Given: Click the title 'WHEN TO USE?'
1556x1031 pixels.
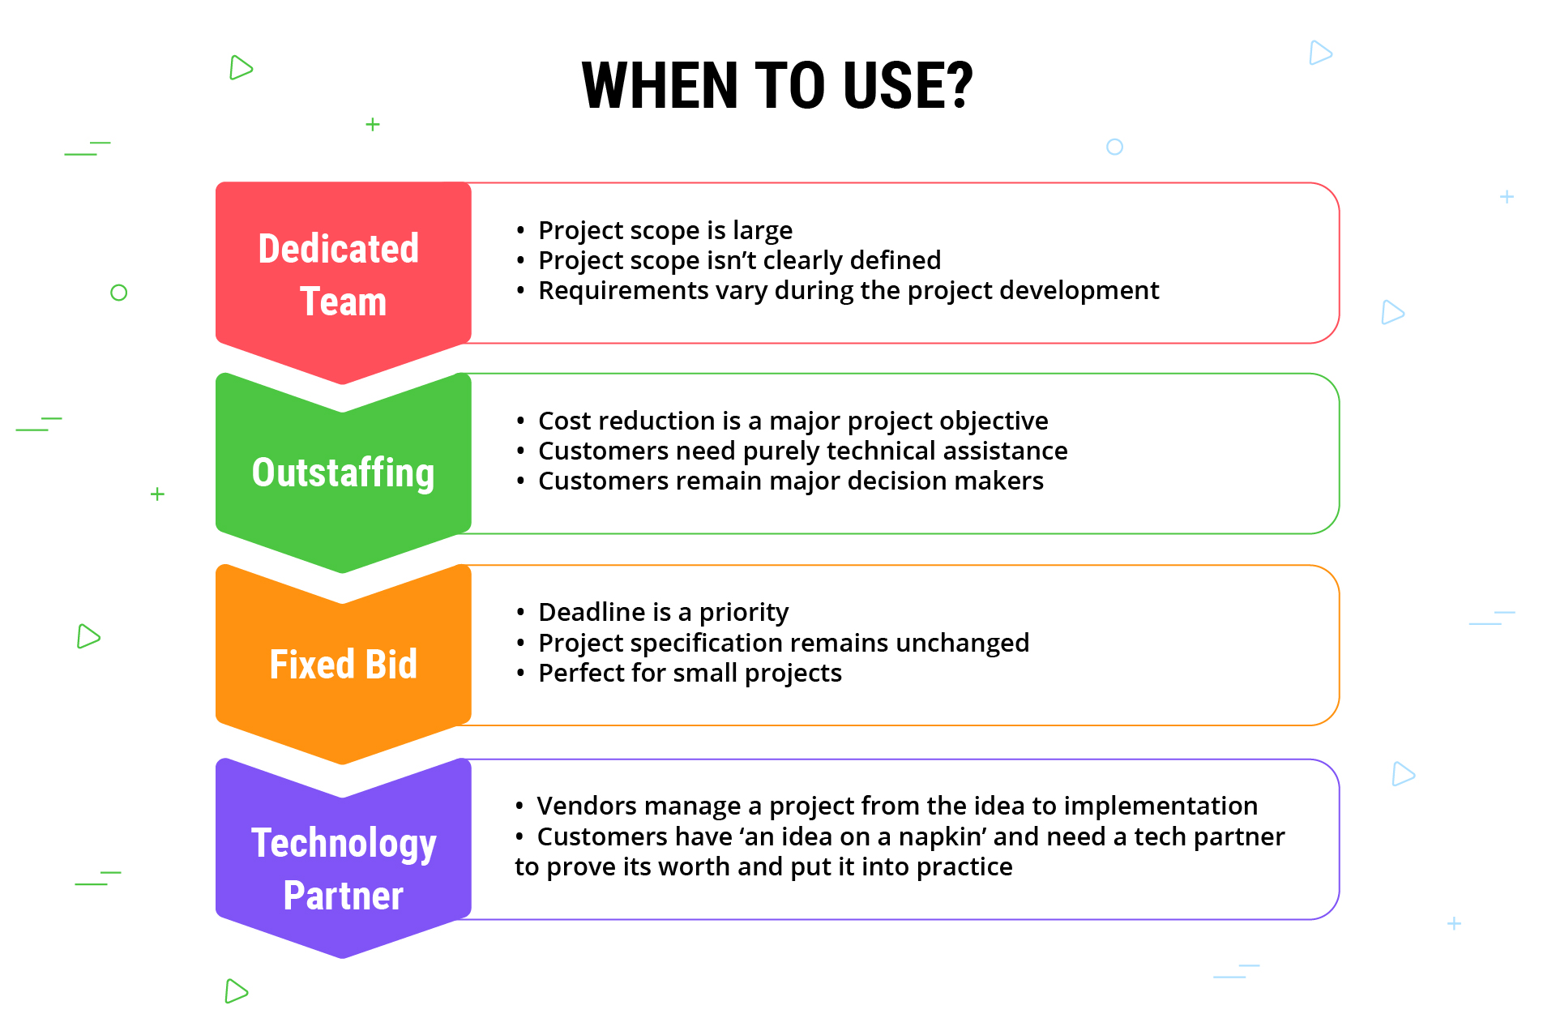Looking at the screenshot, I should [x=777, y=86].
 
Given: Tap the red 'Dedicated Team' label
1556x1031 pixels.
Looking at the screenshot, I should [x=340, y=275].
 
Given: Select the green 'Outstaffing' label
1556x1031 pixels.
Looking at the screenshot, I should [x=343, y=473].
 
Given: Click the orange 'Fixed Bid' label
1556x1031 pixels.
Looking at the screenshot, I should [x=343, y=664].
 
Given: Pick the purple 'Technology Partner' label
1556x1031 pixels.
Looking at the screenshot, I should [x=344, y=868].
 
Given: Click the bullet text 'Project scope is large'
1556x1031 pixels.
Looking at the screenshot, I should [x=665, y=231].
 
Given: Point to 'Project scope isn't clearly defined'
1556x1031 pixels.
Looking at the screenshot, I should [x=739, y=261].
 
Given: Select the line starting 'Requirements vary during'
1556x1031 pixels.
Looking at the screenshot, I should [x=848, y=291].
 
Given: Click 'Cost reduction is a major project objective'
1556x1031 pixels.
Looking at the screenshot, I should [x=793, y=421].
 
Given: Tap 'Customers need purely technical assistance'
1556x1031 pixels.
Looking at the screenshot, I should [x=802, y=451].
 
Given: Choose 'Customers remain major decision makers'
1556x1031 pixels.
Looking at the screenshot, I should [x=790, y=481].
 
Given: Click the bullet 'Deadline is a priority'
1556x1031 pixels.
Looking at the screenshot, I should [x=663, y=613].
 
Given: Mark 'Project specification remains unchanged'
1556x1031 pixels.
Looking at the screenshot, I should [x=783, y=644].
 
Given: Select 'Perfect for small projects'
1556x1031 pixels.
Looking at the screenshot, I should [x=690, y=674].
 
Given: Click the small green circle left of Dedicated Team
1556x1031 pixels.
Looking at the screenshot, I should [x=119, y=293].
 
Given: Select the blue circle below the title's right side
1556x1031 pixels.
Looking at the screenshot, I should [x=1114, y=147].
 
